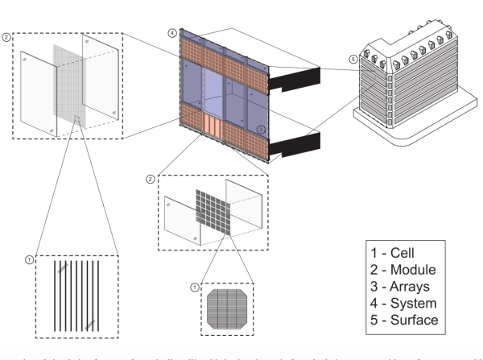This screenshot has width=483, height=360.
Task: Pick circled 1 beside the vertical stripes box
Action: [x=30, y=259]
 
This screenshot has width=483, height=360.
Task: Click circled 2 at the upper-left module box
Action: [x=9, y=38]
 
